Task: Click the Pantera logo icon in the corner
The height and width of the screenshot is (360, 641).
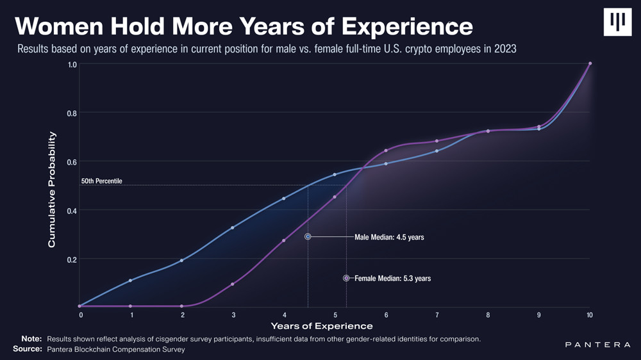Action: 617,22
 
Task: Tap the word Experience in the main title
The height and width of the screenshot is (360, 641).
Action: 407,26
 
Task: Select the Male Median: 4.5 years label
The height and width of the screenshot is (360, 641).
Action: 389,237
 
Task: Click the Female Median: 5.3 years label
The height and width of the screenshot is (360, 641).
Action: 392,279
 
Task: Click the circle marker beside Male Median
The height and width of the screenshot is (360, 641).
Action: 308,236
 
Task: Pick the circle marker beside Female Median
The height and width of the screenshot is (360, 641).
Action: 346,278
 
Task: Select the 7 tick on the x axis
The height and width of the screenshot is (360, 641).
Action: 437,315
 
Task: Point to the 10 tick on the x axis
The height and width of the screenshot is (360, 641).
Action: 590,315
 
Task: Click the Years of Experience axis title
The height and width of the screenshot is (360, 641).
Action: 321,327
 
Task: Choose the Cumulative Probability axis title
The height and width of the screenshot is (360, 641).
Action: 52,190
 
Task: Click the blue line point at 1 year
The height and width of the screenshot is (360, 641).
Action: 130,281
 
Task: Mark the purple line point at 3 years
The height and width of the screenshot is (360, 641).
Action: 233,284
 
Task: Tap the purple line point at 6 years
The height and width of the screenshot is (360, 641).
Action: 385,151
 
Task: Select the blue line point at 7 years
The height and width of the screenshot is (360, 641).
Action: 437,151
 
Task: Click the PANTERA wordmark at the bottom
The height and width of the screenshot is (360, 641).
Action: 597,345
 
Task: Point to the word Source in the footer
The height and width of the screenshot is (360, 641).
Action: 27,349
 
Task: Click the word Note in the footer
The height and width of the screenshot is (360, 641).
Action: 31,338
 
